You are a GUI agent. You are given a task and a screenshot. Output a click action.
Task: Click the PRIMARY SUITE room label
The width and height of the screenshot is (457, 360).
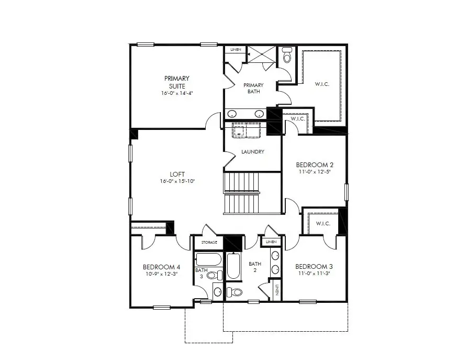coord(177,82)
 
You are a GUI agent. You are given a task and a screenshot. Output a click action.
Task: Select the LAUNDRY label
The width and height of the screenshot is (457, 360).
coord(253,152)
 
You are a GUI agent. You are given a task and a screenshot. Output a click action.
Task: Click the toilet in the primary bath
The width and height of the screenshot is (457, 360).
coord(286,56)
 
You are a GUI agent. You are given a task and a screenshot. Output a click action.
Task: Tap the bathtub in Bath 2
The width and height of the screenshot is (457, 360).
coord(233,267)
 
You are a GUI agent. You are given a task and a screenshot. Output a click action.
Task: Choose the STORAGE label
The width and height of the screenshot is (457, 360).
coord(209,242)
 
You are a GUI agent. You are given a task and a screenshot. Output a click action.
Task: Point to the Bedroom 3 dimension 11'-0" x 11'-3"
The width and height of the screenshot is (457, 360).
coord(314,273)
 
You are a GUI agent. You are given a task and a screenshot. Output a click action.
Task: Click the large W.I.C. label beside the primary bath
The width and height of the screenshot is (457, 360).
coord(322,84)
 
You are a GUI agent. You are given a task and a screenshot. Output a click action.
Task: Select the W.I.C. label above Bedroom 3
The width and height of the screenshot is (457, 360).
coord(323,223)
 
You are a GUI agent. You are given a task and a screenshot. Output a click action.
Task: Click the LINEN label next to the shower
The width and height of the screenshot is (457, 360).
coord(236,50)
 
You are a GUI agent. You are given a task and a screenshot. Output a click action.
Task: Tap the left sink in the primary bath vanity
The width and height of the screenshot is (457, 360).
coord(233,113)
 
